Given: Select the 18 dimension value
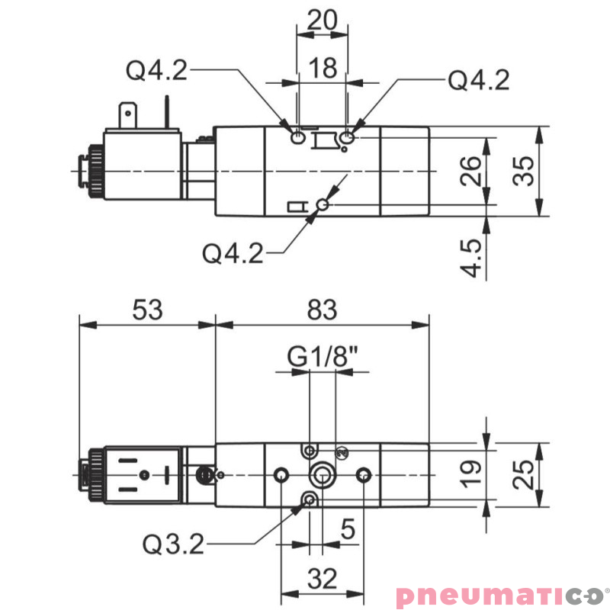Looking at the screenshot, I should coord(323,68).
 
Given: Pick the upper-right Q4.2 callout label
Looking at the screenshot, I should coord(479,79).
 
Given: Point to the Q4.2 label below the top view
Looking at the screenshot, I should coord(233,252).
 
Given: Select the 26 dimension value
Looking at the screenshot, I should coord(473,172).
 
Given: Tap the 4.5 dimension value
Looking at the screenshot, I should coord(473,258).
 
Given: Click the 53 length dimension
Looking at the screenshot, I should coord(147,310).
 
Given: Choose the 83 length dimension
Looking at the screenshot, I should coord(322,310).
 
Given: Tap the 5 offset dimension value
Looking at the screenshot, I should coord(348,530).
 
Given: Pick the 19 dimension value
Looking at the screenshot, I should coord(473,473).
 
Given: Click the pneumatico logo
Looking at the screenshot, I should coord(501,595).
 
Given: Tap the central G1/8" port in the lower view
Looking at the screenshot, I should coord(322,476).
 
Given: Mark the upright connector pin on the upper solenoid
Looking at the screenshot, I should coord(165,111).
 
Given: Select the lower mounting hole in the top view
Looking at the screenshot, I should coord(323,204).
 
